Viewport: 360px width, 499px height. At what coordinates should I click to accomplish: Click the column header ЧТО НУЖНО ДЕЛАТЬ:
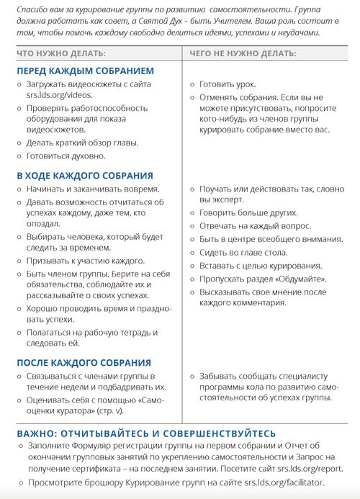(61, 54)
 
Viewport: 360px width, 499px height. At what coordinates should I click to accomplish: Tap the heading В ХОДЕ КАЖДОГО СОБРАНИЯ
(84, 175)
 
